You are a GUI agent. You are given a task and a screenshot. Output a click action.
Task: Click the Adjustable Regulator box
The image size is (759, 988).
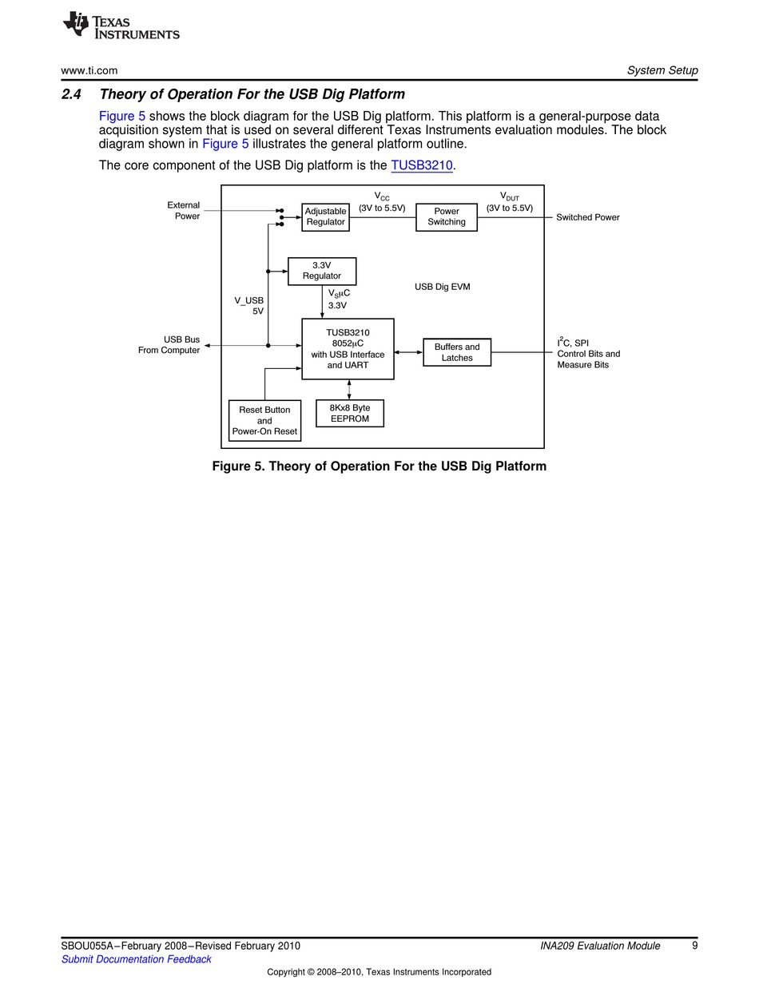click(325, 217)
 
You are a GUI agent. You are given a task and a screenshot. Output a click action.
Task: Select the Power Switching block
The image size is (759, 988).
click(446, 217)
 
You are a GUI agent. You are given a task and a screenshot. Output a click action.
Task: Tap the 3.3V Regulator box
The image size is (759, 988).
click(321, 271)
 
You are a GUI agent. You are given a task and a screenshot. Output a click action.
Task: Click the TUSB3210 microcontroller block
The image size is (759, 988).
click(348, 349)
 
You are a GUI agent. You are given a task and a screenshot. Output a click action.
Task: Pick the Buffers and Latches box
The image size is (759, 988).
click(456, 352)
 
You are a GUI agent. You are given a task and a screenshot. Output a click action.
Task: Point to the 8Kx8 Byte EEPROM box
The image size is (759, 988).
click(349, 413)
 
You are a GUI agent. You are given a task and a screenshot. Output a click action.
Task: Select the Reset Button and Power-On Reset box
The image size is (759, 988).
click(264, 420)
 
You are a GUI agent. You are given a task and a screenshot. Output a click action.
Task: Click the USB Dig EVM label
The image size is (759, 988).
click(442, 287)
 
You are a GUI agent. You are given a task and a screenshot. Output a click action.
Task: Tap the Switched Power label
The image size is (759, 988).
click(587, 217)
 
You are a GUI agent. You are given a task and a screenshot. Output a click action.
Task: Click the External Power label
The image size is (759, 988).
click(183, 211)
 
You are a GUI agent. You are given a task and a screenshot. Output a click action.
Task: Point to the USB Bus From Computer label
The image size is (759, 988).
click(169, 344)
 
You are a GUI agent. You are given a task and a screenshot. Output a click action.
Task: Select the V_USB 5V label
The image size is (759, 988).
click(248, 306)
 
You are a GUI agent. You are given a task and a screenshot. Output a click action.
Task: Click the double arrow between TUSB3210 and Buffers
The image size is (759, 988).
click(408, 352)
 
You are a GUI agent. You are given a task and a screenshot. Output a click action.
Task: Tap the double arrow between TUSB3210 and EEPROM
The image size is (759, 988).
click(349, 390)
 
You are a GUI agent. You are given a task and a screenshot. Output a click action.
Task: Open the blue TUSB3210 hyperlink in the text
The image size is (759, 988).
click(422, 165)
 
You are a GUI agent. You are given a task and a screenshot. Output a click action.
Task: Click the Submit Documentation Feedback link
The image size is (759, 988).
click(136, 959)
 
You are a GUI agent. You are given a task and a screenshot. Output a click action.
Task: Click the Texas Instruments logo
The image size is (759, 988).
click(121, 26)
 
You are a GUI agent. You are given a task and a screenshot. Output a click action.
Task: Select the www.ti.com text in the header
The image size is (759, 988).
click(89, 70)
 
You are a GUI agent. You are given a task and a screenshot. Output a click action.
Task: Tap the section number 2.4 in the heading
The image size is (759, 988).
click(71, 94)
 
